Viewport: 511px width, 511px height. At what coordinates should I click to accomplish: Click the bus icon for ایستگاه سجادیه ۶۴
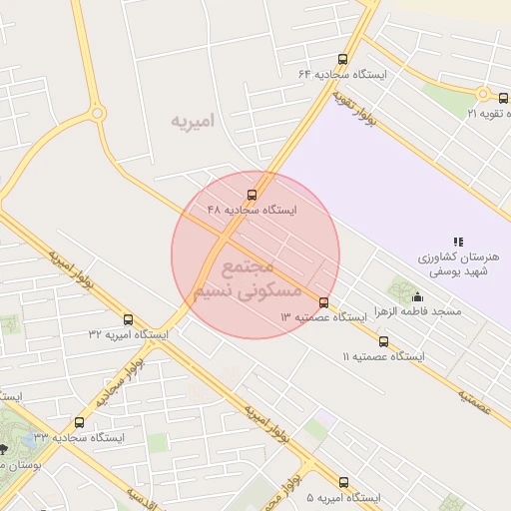point(343,60)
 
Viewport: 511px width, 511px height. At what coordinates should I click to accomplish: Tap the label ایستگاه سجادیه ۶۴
point(342,75)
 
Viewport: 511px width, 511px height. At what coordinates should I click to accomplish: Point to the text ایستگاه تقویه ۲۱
point(488,113)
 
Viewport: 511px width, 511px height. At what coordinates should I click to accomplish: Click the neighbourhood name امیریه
point(193,122)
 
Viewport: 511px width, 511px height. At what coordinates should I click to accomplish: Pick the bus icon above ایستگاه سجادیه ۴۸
point(252,195)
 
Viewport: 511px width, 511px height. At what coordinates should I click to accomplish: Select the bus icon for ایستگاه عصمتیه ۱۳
point(323,302)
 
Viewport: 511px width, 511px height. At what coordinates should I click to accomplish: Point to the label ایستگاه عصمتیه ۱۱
point(383,356)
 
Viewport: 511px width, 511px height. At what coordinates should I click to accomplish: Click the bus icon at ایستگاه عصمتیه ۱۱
point(383,341)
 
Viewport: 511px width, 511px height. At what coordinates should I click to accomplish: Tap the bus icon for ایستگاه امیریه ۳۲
point(128,319)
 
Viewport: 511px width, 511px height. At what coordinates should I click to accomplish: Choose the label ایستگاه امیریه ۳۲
point(128,334)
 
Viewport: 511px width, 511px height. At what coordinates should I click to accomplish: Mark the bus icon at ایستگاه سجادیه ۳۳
point(80,422)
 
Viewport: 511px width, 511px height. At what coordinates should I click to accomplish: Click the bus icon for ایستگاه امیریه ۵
point(344,482)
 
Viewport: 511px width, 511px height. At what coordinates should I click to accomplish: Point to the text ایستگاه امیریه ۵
point(344,497)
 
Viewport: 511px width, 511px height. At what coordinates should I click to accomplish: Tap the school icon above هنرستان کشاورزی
point(457,242)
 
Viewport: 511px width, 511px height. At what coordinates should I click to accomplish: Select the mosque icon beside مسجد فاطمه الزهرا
point(417,296)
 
